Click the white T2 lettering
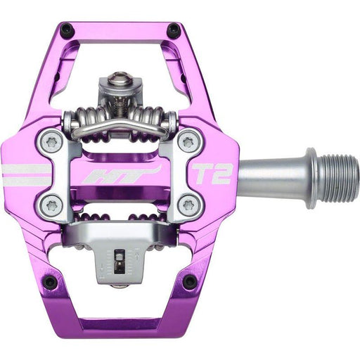tap(212, 174)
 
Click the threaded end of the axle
tap(338, 177)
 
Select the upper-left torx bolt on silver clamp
tap(51, 141)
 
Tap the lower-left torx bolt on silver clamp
tap(51, 205)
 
